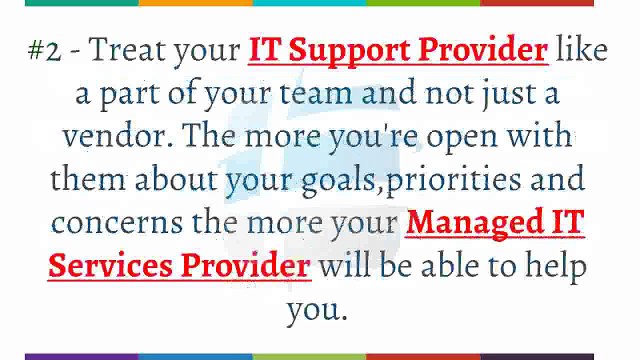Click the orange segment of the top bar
coord(195,3)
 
